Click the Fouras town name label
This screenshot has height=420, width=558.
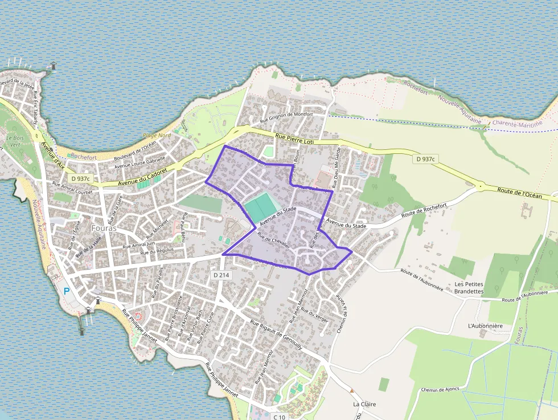pos(104,227)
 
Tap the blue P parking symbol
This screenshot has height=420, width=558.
pos(67,291)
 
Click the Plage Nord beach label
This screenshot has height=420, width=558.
pos(157,136)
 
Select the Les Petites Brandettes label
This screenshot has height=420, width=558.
pos(469,287)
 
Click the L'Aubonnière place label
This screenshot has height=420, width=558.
pos(485,325)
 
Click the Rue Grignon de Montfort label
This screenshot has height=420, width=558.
pos(286,117)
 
